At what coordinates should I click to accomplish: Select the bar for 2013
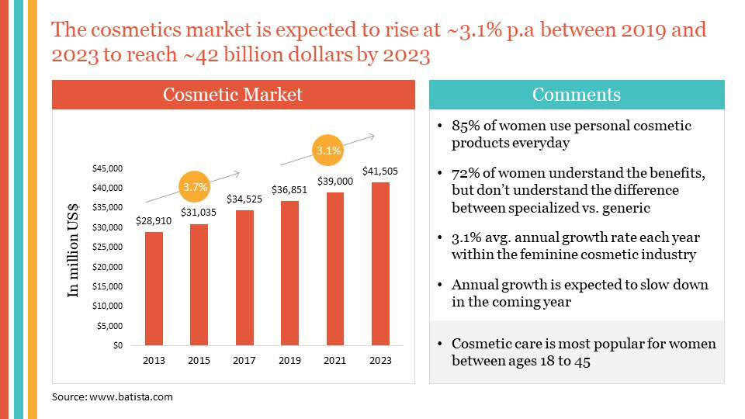[154, 289]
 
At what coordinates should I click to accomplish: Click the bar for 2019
[290, 273]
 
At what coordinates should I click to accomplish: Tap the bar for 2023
[380, 264]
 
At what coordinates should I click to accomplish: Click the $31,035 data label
[199, 212]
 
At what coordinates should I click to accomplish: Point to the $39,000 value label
[335, 181]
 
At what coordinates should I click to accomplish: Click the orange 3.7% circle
[195, 187]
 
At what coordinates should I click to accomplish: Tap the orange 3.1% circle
[329, 151]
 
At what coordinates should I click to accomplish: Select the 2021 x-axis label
[335, 361]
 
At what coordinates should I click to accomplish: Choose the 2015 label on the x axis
[199, 361]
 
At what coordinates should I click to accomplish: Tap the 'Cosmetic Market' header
[233, 95]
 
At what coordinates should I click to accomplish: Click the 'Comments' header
[576, 95]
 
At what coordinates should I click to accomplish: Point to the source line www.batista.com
[113, 396]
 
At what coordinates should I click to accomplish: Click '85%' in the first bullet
[466, 126]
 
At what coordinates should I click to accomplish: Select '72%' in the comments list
[466, 173]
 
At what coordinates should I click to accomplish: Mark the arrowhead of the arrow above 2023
[372, 137]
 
